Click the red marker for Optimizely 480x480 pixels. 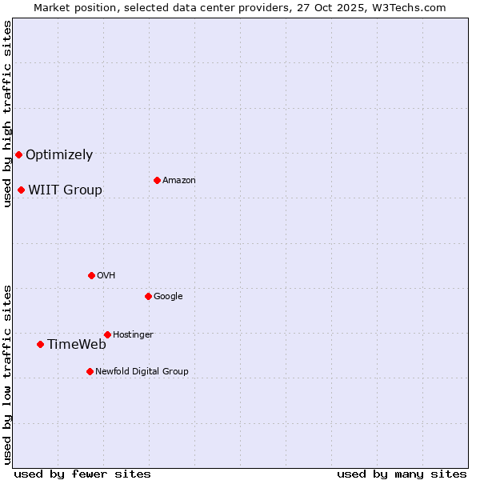18,154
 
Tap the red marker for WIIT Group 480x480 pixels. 21,190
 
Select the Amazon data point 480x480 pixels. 157,180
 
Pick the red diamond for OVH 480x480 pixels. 91,275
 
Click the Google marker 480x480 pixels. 148,296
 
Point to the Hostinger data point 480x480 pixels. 107,334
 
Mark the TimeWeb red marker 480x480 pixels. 40,344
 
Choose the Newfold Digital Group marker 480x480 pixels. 90,371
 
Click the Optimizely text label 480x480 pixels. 59,155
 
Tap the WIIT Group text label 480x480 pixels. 65,190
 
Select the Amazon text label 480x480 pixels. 179,181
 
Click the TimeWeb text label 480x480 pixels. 77,345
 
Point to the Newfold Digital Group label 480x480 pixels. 142,371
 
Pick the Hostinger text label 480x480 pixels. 133,334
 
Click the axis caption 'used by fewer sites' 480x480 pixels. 82,474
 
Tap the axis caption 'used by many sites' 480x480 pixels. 402,474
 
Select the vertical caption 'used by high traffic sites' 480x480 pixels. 7,114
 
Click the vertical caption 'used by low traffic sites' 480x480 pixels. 7,374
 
